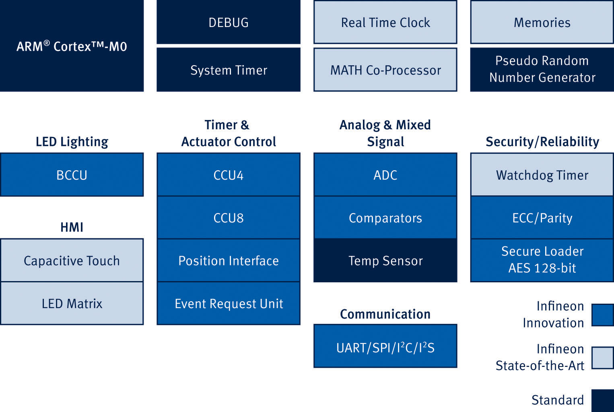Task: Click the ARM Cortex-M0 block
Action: click(x=72, y=46)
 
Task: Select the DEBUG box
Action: click(x=228, y=22)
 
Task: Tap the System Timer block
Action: click(x=228, y=70)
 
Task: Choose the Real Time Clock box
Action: click(x=385, y=22)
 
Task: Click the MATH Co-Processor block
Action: click(x=385, y=70)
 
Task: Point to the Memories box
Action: click(x=542, y=22)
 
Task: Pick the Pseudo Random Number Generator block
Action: click(x=542, y=70)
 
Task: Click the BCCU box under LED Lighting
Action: click(x=72, y=175)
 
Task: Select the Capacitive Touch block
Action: click(x=72, y=260)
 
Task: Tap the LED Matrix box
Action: click(x=72, y=303)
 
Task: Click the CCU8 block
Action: click(x=228, y=217)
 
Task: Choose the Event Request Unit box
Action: click(x=228, y=303)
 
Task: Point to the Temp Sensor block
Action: click(x=385, y=260)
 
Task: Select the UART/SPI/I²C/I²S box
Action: click(x=385, y=346)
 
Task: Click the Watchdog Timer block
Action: click(x=542, y=174)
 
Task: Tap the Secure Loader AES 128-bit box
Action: click(x=542, y=260)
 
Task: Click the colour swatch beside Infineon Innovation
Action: click(x=603, y=315)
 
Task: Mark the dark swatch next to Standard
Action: click(x=603, y=400)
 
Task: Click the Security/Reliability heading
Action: click(x=542, y=142)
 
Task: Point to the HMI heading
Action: click(x=72, y=227)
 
